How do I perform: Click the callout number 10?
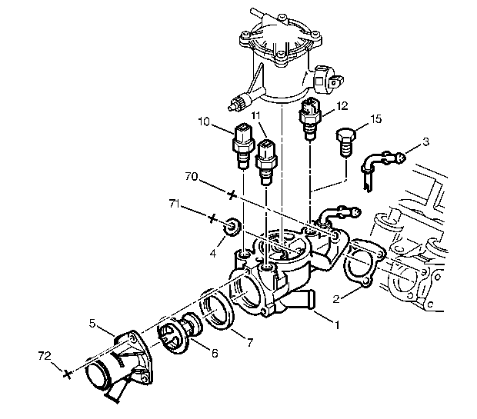(x=204, y=121)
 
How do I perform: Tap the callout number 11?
(x=256, y=115)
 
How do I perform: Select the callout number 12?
(x=342, y=106)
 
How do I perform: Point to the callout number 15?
(x=376, y=119)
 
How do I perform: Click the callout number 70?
(x=192, y=176)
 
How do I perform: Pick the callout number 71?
(x=175, y=204)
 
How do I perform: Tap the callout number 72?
(x=45, y=356)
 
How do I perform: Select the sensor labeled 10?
(x=243, y=146)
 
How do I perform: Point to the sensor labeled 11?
(x=265, y=161)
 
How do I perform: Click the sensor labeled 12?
(x=310, y=119)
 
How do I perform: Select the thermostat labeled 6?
(x=179, y=333)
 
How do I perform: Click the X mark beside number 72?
(x=68, y=374)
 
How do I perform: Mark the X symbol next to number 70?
(x=232, y=195)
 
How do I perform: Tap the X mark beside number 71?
(x=212, y=218)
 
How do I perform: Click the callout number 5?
(x=92, y=323)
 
